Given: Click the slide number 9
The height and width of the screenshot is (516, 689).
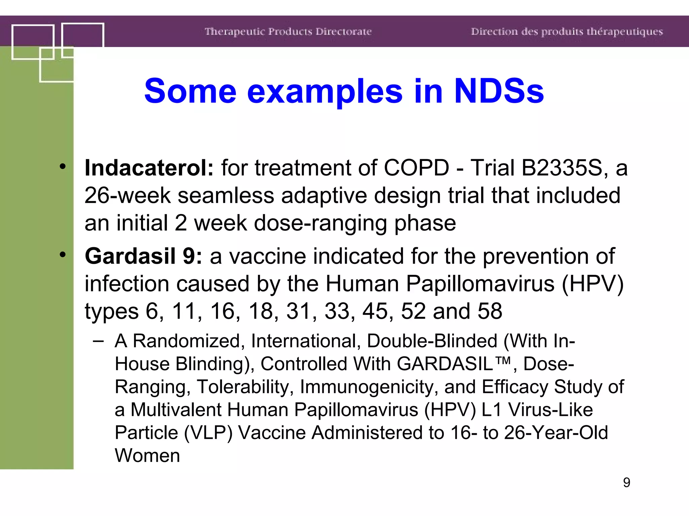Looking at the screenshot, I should pyautogui.click(x=626, y=482).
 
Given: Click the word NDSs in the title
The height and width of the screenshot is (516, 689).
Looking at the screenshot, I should pyautogui.click(x=499, y=91).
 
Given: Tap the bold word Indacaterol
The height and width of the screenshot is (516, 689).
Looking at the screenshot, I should pyautogui.click(x=149, y=168).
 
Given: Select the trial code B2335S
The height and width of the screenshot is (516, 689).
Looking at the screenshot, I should pyautogui.click(x=561, y=168).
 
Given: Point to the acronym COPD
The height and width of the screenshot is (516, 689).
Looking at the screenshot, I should pyautogui.click(x=416, y=168).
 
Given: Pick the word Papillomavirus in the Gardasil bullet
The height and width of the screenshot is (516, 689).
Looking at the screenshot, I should pyautogui.click(x=480, y=284).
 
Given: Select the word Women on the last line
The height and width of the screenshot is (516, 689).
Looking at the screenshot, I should pyautogui.click(x=147, y=456).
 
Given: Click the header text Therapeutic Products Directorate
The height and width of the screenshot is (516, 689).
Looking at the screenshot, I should pyautogui.click(x=288, y=32).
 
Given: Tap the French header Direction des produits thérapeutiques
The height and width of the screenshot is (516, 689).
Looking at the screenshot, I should pyautogui.click(x=567, y=32).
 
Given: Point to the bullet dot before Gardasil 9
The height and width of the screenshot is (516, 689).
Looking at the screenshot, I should pyautogui.click(x=63, y=255).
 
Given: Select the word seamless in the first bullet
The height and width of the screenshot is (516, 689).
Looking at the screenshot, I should pyautogui.click(x=226, y=195).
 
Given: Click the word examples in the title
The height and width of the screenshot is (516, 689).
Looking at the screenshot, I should pyautogui.click(x=325, y=91).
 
